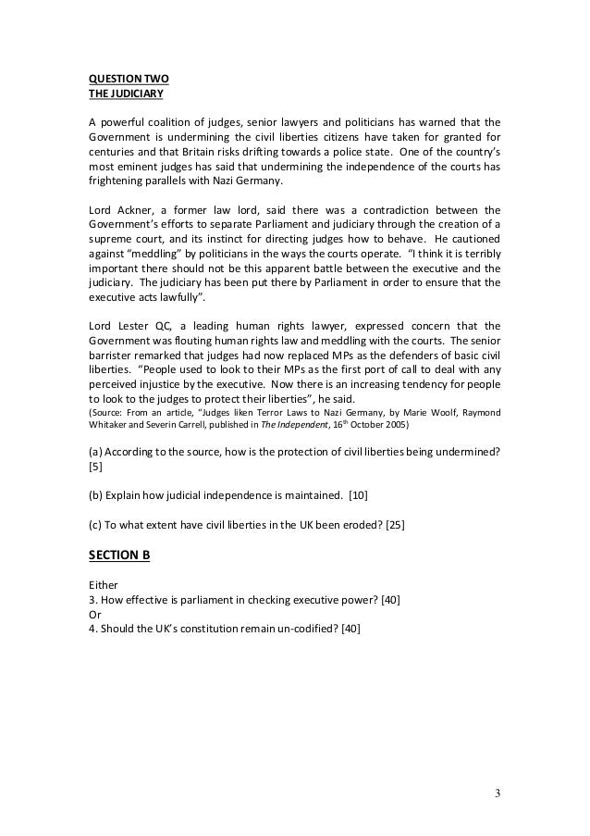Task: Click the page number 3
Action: (497, 793)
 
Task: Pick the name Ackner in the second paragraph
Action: (131, 208)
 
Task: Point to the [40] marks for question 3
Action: (388, 600)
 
